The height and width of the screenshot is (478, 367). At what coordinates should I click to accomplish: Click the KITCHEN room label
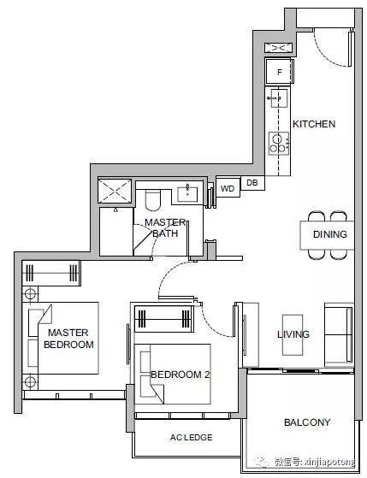(314, 124)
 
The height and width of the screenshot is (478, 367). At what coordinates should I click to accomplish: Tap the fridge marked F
(280, 72)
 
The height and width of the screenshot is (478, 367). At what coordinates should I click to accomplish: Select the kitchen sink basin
(279, 97)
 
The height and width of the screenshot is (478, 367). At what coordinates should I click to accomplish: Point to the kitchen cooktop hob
(279, 144)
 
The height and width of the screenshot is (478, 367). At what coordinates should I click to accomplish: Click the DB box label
(252, 183)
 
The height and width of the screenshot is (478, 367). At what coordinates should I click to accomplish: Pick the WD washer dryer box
(228, 188)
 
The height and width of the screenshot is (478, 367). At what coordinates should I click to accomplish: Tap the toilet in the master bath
(152, 200)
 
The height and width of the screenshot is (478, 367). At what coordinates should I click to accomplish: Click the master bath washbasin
(187, 194)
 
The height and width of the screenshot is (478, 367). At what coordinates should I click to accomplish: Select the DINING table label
(330, 234)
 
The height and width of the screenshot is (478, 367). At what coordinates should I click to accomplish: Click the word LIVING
(293, 334)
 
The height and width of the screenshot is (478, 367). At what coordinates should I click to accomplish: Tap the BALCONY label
(307, 422)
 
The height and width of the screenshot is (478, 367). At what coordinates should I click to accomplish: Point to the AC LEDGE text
(192, 438)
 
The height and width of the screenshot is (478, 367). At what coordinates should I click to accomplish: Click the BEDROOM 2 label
(181, 375)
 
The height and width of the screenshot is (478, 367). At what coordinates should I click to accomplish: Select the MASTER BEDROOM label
(68, 339)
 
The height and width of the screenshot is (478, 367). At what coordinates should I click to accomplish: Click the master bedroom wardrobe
(51, 273)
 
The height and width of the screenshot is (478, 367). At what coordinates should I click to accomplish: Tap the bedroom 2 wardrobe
(164, 319)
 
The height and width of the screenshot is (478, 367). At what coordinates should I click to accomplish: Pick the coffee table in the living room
(293, 334)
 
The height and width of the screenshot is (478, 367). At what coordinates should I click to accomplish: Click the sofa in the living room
(339, 334)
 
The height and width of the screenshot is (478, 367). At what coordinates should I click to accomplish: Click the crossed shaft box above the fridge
(279, 48)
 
